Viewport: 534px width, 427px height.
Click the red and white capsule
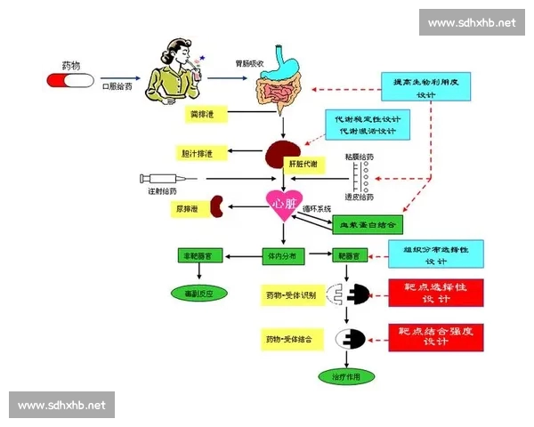coord(70,81)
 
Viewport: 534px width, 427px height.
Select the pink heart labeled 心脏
coord(284,204)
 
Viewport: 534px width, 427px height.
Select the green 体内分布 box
coord(284,255)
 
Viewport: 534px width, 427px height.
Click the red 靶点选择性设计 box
coord(435,292)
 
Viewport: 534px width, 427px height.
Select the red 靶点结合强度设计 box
coord(435,336)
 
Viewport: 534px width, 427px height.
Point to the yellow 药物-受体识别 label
coord(291,294)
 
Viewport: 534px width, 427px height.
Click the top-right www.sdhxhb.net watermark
coord(471,22)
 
